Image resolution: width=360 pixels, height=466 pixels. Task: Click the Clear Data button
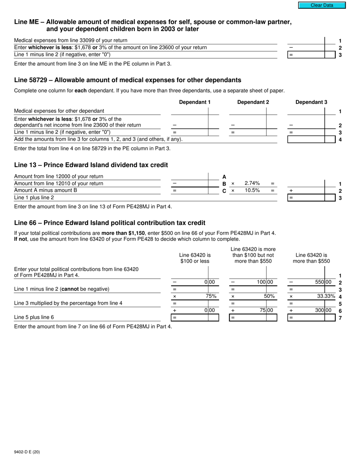tap(322, 5)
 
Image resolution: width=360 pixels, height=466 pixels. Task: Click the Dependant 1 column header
tap(195, 102)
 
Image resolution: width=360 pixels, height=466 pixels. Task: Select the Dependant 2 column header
tap(253, 102)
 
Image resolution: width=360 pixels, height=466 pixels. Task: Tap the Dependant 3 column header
tap(311, 102)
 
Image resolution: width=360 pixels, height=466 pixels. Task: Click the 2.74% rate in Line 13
tap(252, 183)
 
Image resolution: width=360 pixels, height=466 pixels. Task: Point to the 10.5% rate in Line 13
tap(252, 191)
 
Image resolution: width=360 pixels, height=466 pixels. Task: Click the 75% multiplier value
tap(211, 296)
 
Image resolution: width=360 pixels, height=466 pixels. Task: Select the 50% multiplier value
tap(269, 296)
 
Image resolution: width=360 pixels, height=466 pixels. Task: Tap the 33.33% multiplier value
tap(326, 296)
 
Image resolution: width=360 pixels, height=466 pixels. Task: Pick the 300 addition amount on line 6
tap(319, 310)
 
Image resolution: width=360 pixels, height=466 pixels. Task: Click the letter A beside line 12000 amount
tap(224, 177)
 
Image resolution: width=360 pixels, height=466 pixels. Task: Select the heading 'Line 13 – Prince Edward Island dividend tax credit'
tap(91, 165)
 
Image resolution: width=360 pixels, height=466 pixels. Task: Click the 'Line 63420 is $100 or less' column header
tap(195, 258)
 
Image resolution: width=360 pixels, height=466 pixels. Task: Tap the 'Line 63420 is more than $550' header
tap(311, 258)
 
